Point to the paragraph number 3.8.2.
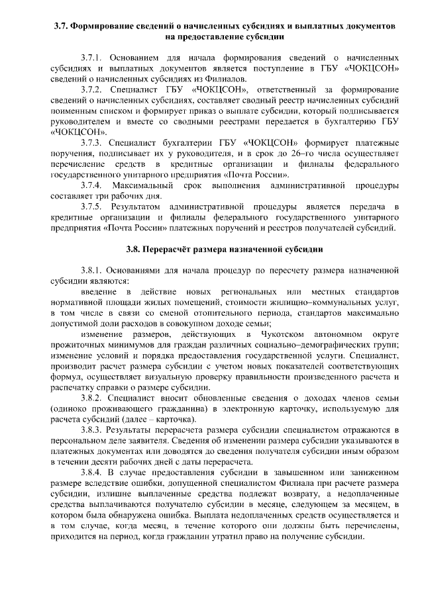92,398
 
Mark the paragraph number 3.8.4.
92,473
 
